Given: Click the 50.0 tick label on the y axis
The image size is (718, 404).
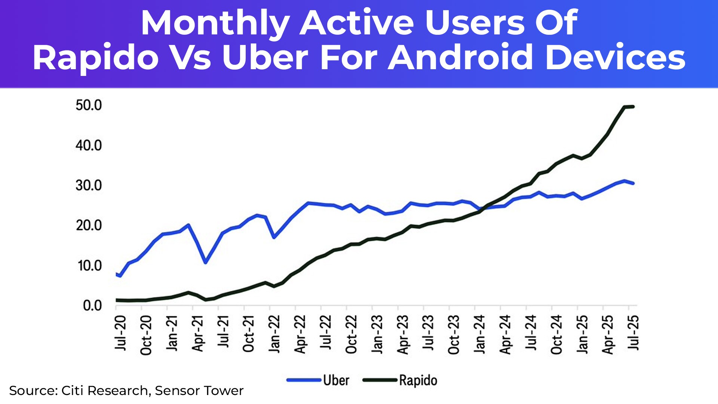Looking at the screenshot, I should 89,105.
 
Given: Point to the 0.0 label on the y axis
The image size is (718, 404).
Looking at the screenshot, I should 92,306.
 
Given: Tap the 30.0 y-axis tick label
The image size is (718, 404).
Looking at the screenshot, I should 89,186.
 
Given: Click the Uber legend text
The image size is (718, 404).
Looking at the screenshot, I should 336,380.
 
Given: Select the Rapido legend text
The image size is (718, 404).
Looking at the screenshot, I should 418,380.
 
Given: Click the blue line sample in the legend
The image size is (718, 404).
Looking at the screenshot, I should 304,380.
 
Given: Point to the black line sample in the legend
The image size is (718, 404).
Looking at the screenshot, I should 380,380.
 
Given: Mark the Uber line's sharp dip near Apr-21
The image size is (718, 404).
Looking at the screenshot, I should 205,262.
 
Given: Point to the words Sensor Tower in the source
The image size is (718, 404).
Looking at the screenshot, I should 199,391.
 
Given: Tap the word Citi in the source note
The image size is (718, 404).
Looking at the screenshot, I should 72,391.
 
